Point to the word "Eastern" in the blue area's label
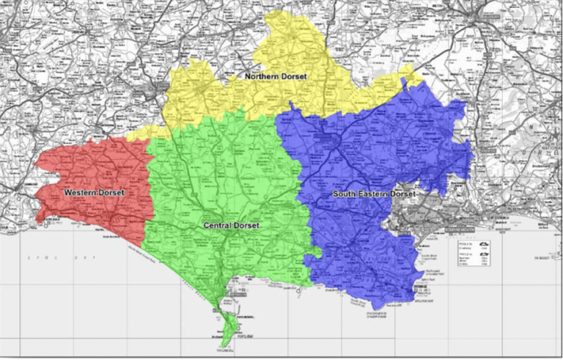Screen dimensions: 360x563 (373, 194)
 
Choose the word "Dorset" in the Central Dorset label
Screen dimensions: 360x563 (248, 226)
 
